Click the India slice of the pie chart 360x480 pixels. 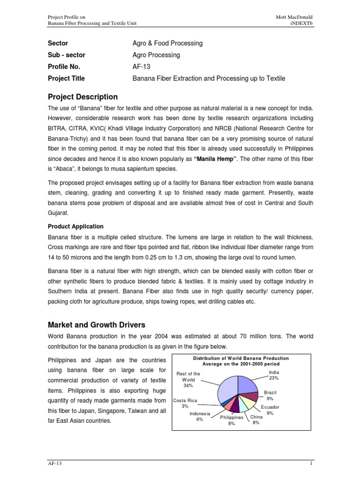247,383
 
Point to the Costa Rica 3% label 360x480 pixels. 185,403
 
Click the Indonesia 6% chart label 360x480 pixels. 200,416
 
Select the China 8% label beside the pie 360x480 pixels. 256,419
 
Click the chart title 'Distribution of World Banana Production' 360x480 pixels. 241,358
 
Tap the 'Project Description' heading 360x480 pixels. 83,97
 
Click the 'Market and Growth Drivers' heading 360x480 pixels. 97,325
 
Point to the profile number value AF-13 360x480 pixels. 141,67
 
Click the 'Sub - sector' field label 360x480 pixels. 67,55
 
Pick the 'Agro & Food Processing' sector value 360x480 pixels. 168,43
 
